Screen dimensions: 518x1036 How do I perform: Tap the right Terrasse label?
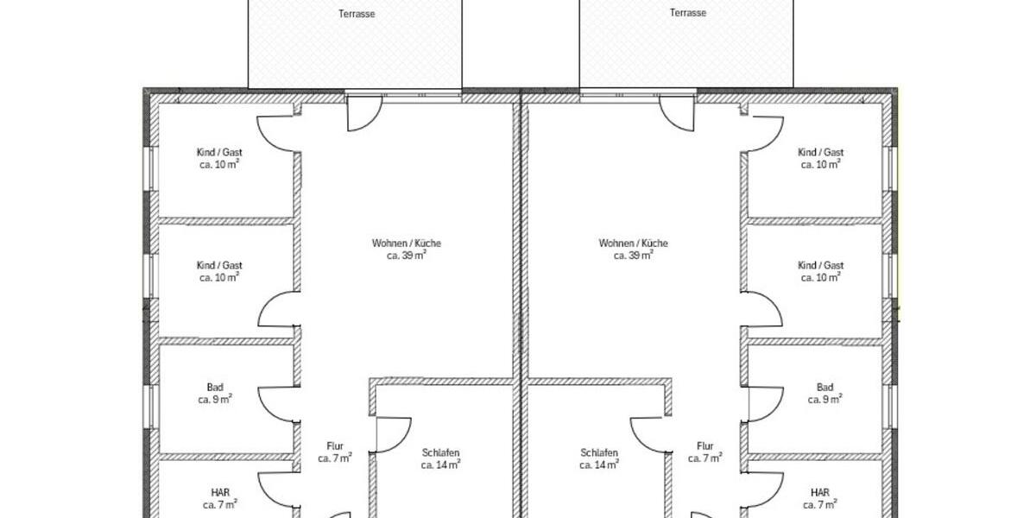click(x=687, y=13)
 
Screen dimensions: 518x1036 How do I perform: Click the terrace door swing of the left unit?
click(x=363, y=114)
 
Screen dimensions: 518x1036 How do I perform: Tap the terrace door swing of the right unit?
click(x=677, y=114)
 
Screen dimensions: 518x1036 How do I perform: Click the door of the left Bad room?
click(x=278, y=404)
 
